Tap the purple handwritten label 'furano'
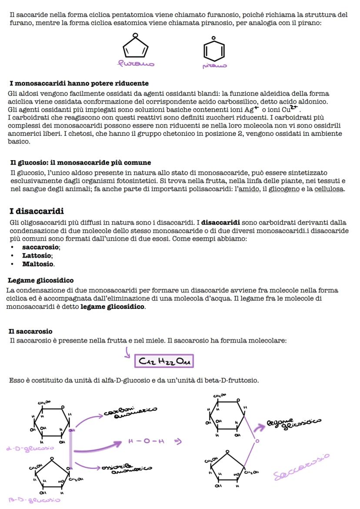click(x=136, y=64)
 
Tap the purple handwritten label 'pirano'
click(x=214, y=66)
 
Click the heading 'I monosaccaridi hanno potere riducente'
click(x=79, y=83)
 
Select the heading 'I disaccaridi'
click(x=37, y=211)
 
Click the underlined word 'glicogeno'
click(x=284, y=189)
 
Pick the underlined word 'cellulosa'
click(x=329, y=189)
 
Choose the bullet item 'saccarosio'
click(x=41, y=247)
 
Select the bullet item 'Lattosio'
click(x=37, y=255)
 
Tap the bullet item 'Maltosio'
click(x=38, y=264)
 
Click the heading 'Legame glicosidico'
click(x=41, y=280)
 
